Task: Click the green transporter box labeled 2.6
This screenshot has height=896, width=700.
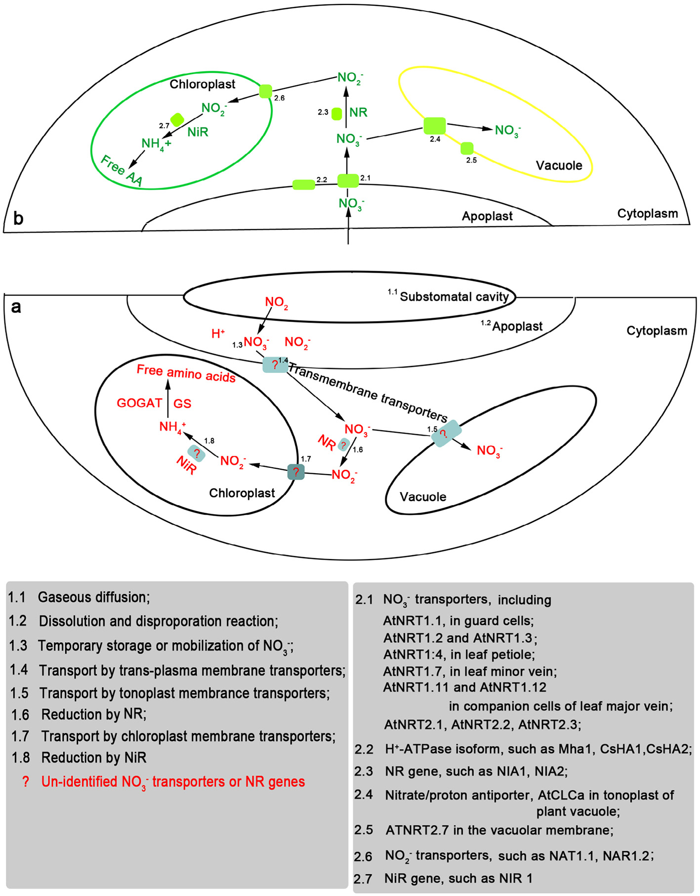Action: click(x=266, y=91)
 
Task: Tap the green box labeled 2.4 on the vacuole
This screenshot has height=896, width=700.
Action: click(x=435, y=126)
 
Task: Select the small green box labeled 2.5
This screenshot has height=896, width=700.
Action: click(x=467, y=148)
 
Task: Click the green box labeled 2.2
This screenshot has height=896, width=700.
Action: click(x=304, y=185)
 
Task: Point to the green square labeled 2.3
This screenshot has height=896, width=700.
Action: click(x=336, y=114)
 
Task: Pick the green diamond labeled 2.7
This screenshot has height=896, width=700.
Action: click(x=177, y=120)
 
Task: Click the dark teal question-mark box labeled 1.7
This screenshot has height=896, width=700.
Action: click(x=296, y=472)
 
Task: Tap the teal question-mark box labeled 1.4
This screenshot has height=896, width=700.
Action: click(x=275, y=365)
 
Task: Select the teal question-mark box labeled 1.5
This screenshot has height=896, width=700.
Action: click(x=446, y=433)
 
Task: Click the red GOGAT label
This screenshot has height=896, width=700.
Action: click(x=139, y=403)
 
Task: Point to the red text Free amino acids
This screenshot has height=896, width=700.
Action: click(x=186, y=373)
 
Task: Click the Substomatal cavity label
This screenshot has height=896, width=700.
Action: click(x=454, y=296)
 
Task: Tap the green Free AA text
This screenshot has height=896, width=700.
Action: click(x=122, y=171)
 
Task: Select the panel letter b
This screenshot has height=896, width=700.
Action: click(x=18, y=218)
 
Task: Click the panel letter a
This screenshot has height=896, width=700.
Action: click(x=16, y=307)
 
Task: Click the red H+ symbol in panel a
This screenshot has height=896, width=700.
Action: click(x=218, y=334)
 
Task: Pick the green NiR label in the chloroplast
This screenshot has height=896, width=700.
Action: click(x=198, y=132)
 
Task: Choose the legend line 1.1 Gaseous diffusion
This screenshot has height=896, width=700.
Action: click(x=79, y=597)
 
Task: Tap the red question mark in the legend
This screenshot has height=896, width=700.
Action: click(x=26, y=781)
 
